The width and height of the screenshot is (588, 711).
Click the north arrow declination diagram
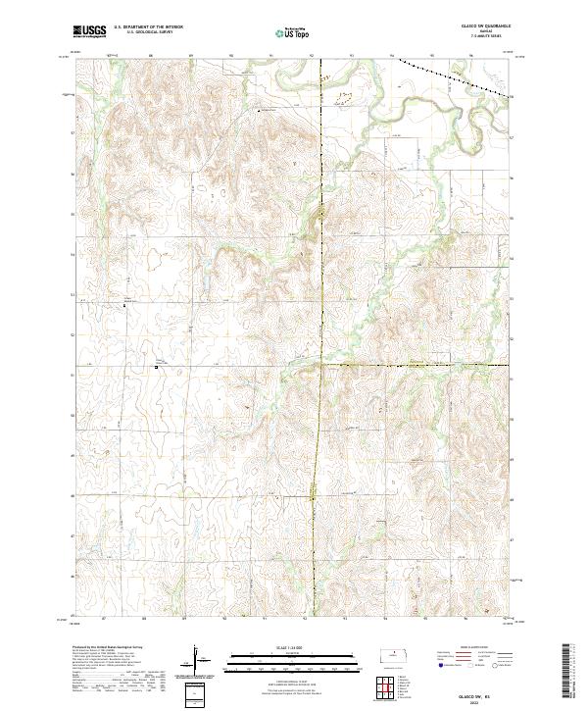click(x=196, y=662)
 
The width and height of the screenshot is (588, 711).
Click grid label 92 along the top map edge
click(x=311, y=56)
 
